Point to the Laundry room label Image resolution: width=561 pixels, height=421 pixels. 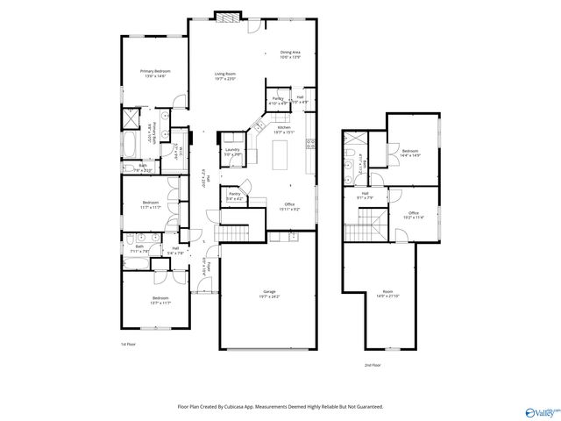pos(232,151)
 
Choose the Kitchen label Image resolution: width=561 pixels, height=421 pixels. pos(284,130)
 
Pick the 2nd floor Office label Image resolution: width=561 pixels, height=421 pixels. pos(413,214)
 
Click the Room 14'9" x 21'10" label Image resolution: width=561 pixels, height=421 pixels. pos(387,294)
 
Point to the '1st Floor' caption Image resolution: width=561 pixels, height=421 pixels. pos(129,345)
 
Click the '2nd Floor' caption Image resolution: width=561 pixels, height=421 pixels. pos(373,365)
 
